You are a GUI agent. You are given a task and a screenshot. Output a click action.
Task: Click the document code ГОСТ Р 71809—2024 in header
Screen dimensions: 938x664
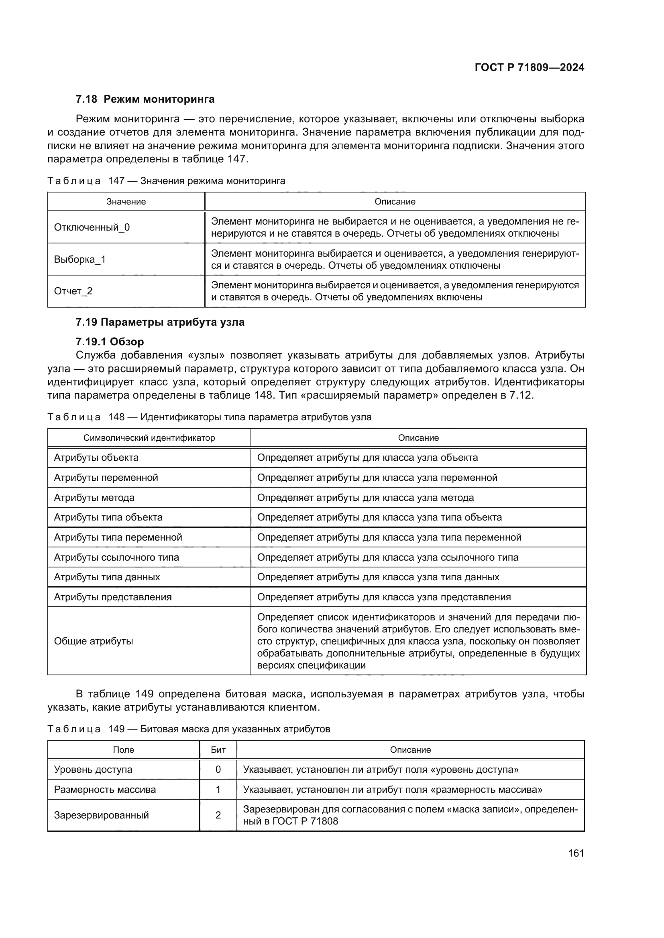[x=529, y=67]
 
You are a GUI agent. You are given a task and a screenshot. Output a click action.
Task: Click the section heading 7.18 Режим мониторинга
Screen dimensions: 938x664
[x=145, y=99]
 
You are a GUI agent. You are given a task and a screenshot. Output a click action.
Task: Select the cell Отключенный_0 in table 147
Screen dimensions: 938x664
[x=92, y=227]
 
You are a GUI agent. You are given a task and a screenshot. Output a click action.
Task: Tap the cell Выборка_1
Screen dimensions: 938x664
[x=80, y=259]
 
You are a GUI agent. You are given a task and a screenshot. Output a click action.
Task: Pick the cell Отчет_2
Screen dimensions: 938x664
[x=73, y=291]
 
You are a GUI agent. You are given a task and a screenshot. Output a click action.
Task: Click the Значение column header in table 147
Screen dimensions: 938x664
[x=126, y=202]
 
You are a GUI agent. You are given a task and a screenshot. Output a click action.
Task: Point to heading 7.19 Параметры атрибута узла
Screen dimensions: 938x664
[x=160, y=322]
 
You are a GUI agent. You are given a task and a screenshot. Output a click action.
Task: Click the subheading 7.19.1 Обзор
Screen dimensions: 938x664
[x=110, y=342]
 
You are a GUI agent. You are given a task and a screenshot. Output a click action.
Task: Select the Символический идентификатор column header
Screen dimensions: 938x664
[x=149, y=438]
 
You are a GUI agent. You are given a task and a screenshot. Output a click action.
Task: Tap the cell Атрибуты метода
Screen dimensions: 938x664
[x=94, y=498]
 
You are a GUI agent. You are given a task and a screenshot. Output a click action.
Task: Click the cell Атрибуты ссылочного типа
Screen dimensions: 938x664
[x=116, y=557]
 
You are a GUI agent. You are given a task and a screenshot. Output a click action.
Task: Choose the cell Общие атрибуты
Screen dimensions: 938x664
[x=94, y=641]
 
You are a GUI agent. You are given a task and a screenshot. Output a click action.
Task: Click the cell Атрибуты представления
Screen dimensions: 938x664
[x=113, y=597]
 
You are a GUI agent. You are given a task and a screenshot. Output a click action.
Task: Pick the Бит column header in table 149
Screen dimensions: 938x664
[x=218, y=750]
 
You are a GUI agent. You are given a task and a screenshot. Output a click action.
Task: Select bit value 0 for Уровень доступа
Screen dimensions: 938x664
[x=218, y=769]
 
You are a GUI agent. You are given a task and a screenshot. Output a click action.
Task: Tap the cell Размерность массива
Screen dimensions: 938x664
[x=105, y=789]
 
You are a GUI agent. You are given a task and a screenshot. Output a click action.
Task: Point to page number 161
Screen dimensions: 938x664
[x=576, y=853]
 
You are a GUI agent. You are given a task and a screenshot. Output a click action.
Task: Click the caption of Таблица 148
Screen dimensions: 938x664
[x=209, y=417]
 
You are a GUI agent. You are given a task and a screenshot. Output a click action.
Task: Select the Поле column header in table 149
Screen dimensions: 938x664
[x=124, y=750]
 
